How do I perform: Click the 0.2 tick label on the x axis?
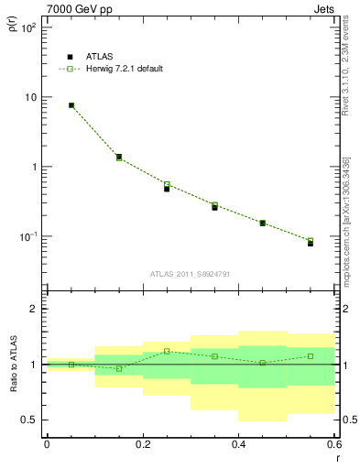143,446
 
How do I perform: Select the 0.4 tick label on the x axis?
238,446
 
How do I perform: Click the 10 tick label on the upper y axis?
29,97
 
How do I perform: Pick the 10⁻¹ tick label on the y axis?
27,236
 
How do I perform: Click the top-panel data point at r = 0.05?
71,105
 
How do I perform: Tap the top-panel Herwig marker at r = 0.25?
167,184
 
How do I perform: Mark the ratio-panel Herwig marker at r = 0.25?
167,351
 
